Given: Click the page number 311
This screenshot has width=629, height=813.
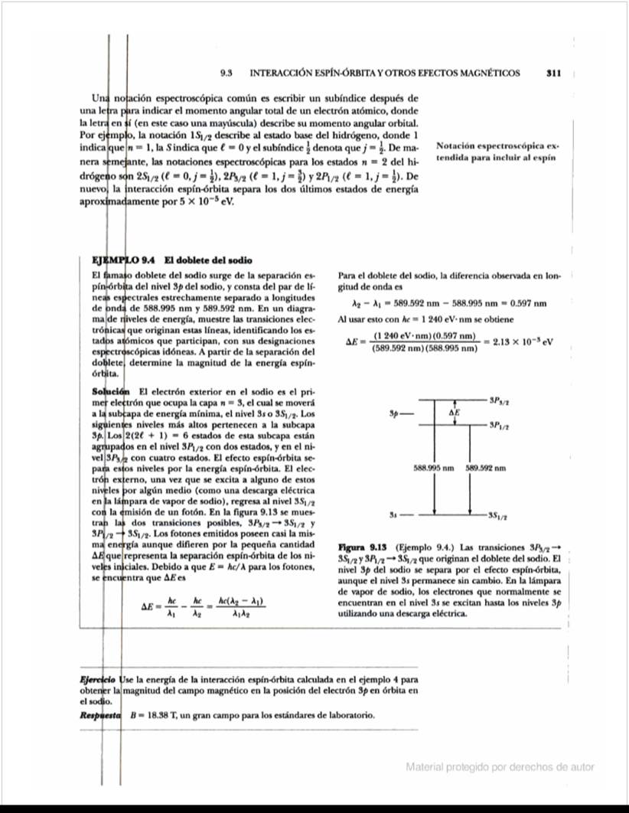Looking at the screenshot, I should (x=555, y=73).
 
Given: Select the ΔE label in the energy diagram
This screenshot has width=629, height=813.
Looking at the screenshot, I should (x=455, y=412).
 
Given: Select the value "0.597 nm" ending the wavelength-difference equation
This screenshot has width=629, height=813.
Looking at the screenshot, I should (x=527, y=303).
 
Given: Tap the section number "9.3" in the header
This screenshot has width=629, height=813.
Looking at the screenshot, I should (x=226, y=73).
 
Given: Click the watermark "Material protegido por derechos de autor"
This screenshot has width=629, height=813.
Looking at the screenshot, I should (x=499, y=767).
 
